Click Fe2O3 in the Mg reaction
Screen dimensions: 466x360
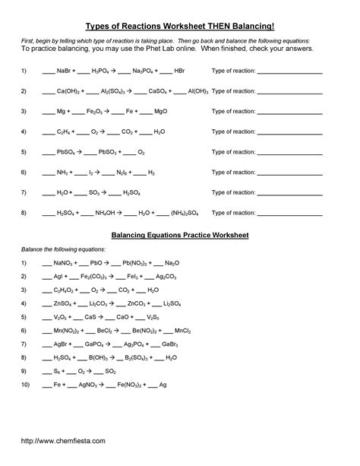(100, 111)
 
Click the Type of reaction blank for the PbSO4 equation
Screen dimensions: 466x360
(291, 151)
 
